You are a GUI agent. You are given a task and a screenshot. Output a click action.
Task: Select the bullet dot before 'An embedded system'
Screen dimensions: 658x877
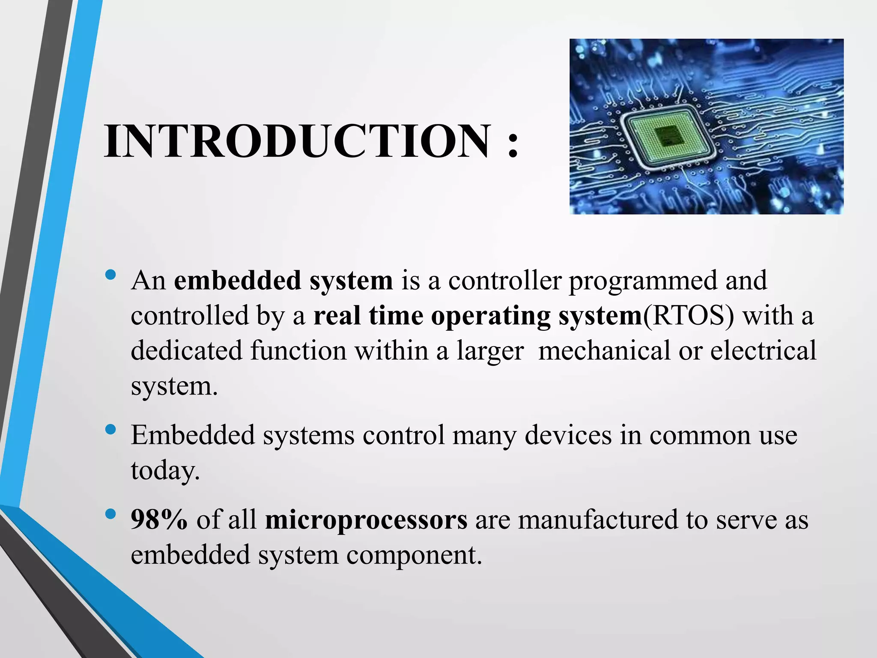[x=110, y=274]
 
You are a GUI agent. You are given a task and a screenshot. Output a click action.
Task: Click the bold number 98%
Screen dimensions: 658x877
[x=159, y=520]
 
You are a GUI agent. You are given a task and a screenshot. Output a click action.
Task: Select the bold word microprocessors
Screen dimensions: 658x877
[x=366, y=520]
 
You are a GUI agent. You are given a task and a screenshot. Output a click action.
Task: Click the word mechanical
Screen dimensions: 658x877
[x=604, y=350]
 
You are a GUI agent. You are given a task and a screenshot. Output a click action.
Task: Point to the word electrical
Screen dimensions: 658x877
[x=763, y=350]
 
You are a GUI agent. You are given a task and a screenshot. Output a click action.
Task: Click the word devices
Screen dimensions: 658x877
[x=568, y=435]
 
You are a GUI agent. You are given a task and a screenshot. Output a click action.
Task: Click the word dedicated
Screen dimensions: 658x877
[x=187, y=350]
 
